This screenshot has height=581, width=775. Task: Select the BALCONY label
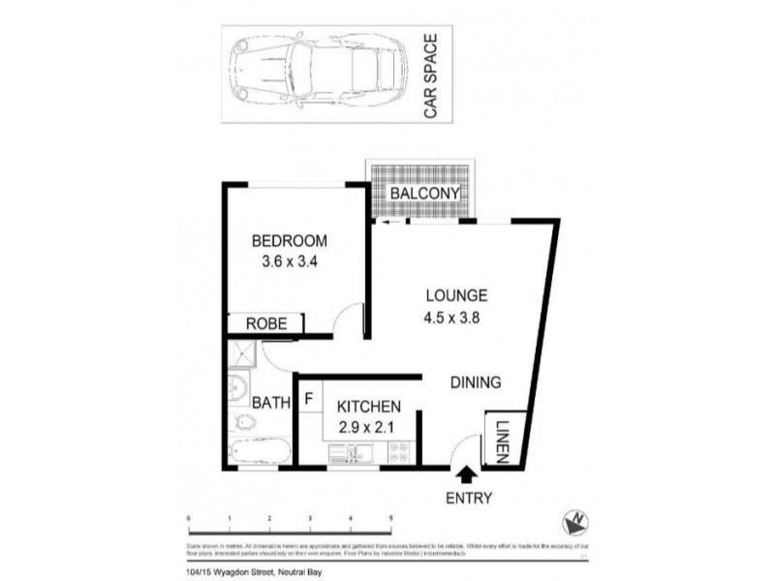[424, 194]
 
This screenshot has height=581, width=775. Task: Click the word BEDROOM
[289, 241]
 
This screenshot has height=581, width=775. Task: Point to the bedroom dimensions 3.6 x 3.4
[289, 261]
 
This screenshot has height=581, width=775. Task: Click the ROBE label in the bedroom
[265, 324]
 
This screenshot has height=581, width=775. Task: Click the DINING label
[476, 382]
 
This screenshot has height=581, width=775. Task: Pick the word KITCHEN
[369, 407]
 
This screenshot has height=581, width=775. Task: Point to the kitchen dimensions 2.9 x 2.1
[369, 427]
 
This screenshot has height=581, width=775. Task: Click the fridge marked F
[309, 397]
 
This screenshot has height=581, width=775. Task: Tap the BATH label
[271, 402]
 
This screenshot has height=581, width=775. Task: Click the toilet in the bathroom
[244, 421]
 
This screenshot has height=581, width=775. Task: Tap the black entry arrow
[466, 474]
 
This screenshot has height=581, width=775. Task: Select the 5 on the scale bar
[391, 519]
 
